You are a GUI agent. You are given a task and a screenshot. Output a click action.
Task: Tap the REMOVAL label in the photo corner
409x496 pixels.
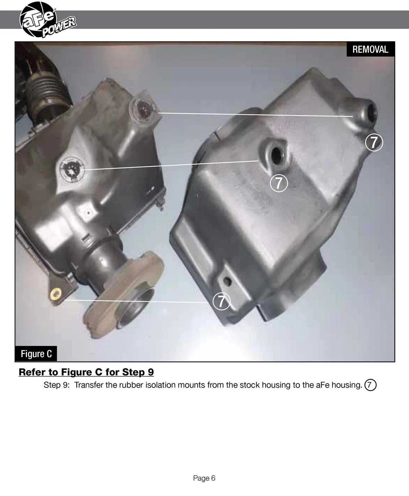[370, 49]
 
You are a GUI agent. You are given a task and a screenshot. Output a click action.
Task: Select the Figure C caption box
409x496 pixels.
[36, 354]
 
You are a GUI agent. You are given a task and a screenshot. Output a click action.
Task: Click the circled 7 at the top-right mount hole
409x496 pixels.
[374, 142]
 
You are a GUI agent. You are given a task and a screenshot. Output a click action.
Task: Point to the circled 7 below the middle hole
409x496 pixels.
[279, 183]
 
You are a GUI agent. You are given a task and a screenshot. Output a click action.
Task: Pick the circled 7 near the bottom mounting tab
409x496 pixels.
[221, 301]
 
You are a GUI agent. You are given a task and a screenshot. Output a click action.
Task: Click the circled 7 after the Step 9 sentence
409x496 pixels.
[370, 385]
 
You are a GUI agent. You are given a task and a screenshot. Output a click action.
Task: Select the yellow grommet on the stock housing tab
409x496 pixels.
[56, 293]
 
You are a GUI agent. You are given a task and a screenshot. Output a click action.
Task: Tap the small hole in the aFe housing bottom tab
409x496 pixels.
[228, 281]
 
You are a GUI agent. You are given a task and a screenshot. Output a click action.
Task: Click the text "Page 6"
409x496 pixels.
[204, 478]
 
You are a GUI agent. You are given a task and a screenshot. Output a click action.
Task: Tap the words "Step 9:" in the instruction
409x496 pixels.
[56, 385]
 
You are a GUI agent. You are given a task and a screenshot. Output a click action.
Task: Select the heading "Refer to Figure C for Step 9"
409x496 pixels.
[86, 372]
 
